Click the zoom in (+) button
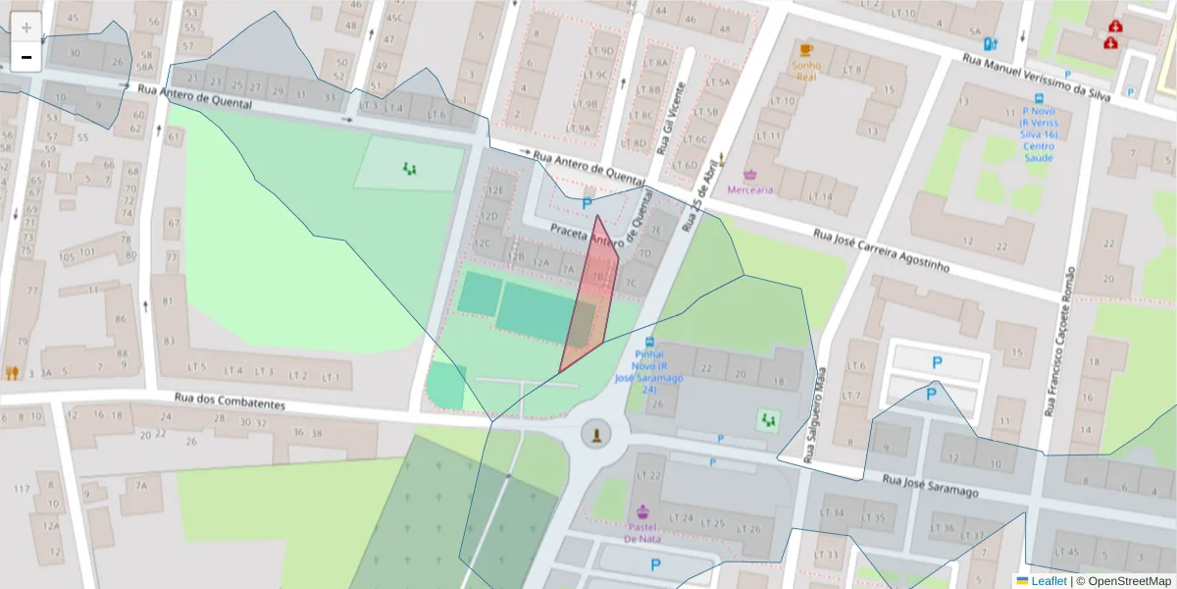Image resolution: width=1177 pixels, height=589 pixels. point(26,27)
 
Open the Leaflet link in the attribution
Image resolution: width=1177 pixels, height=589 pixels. point(1049,580)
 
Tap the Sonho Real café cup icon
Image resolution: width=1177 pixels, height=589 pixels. point(806,49)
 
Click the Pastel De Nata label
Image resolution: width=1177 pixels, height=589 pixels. point(642,532)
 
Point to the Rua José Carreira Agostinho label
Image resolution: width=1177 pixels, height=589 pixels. point(882,249)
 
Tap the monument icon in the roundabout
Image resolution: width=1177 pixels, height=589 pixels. point(593,434)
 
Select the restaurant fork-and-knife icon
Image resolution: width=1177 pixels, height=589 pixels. point(12,373)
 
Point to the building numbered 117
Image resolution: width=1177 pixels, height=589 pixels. point(22,488)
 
